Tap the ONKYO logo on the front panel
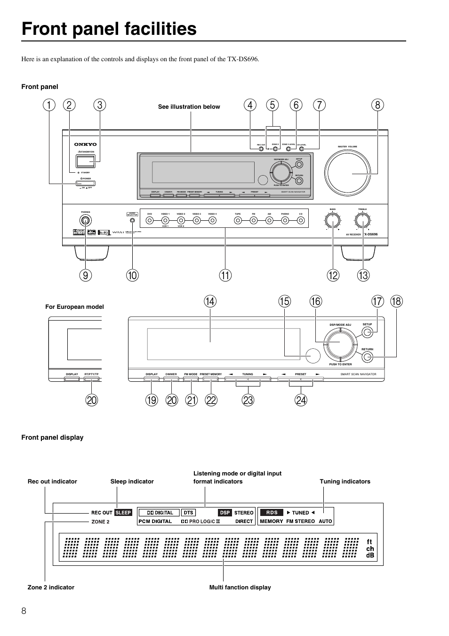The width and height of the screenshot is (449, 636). tap(85, 145)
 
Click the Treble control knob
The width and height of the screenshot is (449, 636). tap(362, 220)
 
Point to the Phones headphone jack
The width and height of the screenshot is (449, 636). tap(85, 220)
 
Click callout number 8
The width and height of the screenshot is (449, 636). tap(377, 105)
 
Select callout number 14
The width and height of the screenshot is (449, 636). tap(210, 301)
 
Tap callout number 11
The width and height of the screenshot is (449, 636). tap(225, 275)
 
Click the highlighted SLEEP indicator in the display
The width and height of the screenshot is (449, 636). tap(123, 513)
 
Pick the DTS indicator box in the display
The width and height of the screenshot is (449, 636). tap(188, 513)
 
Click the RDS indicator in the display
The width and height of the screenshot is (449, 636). tap(272, 513)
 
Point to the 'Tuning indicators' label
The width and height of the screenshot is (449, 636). tap(345, 482)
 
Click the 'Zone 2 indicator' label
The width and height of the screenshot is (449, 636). tap(51, 587)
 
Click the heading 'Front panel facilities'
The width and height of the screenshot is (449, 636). tap(109, 29)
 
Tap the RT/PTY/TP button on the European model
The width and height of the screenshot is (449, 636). tap(91, 379)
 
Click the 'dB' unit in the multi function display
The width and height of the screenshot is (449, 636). tap(370, 555)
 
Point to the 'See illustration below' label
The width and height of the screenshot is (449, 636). tap(189, 107)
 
